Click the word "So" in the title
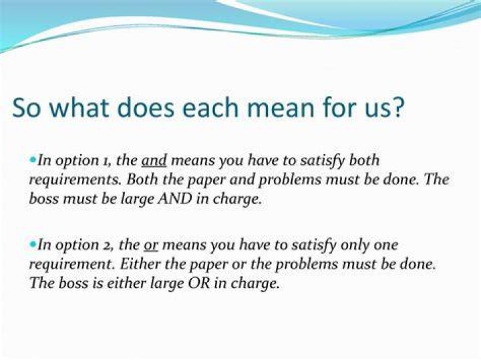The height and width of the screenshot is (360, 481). [26, 108]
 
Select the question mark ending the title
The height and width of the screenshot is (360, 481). [398, 107]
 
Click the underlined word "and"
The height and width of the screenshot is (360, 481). [154, 160]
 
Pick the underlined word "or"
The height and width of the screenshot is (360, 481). [150, 246]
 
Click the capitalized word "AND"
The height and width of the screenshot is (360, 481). [174, 199]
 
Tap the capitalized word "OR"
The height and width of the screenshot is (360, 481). [199, 283]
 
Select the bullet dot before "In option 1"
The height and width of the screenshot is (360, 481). [33, 160]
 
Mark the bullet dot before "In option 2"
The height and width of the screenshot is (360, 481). [33, 244]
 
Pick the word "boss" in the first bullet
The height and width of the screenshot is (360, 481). [44, 199]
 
